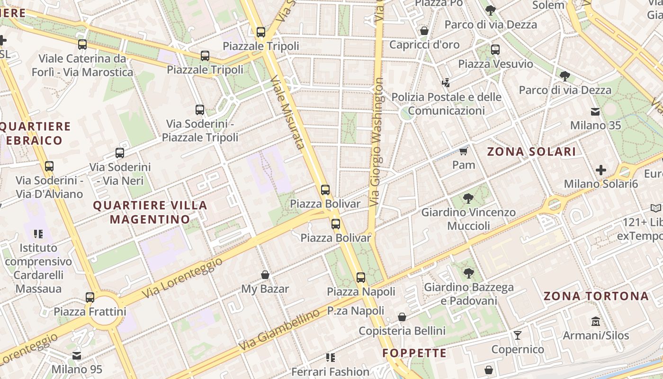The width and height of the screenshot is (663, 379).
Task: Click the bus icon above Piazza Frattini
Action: coord(90,298)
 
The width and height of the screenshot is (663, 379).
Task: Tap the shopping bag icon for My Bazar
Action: coord(265,275)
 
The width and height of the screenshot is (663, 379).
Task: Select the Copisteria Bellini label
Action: coord(402,331)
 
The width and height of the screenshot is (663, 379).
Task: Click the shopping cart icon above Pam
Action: coord(463,151)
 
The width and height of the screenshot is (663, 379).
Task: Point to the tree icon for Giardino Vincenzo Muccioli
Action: coord(468,198)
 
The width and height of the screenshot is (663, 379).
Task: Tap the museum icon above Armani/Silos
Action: coord(596,322)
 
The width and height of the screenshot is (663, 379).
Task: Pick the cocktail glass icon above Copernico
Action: coord(518,335)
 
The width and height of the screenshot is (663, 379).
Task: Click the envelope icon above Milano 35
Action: coord(595,112)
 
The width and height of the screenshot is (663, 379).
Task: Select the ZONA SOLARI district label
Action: coord(531,152)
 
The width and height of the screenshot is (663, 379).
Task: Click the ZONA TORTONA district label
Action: coord(596,296)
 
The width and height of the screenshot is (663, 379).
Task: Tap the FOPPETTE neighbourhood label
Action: coord(414,353)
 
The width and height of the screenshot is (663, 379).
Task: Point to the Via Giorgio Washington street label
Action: coord(377,142)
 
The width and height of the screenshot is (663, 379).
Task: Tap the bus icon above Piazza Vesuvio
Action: coord(495,49)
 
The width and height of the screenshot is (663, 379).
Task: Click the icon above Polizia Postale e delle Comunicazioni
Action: coord(445,83)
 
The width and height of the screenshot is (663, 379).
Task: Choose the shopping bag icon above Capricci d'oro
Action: coord(424,31)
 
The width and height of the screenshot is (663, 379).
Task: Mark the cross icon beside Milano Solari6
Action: coord(600,170)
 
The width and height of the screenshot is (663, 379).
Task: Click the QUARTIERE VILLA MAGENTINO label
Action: coord(150,212)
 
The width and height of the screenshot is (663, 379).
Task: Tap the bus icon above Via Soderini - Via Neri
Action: coord(120,153)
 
